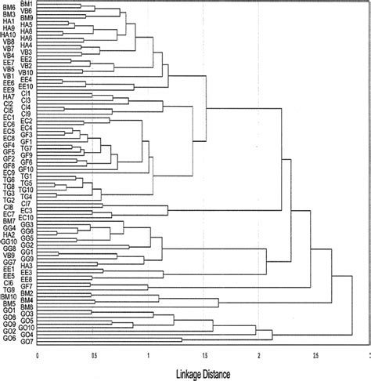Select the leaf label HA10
(x=9, y=34)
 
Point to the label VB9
(x=9, y=255)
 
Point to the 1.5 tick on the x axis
(x=204, y=354)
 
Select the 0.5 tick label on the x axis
(x=93, y=354)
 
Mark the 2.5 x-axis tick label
(x=315, y=354)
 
